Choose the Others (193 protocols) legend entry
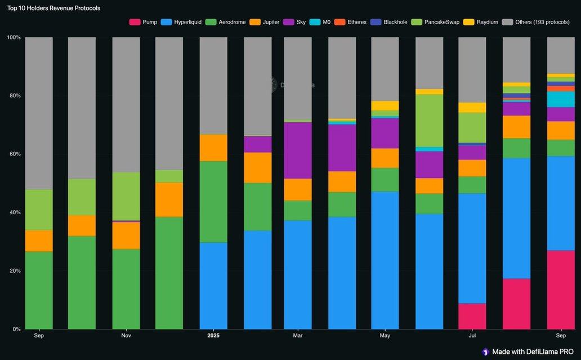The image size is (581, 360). click(x=538, y=22)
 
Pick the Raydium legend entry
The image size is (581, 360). click(x=482, y=22)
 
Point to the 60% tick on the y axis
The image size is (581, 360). click(x=14, y=154)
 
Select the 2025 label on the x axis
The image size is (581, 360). click(x=213, y=336)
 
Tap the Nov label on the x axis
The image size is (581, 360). click(x=126, y=336)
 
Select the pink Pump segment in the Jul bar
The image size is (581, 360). click(x=472, y=316)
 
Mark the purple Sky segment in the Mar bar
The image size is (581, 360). click(x=298, y=150)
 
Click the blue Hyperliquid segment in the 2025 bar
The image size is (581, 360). click(x=213, y=286)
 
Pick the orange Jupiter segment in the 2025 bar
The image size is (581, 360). click(x=213, y=148)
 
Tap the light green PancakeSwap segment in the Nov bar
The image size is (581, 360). click(x=126, y=196)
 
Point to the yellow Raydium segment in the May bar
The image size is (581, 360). click(x=385, y=106)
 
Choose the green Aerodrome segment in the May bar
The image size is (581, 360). click(x=385, y=180)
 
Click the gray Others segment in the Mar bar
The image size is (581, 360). click(x=298, y=78)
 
